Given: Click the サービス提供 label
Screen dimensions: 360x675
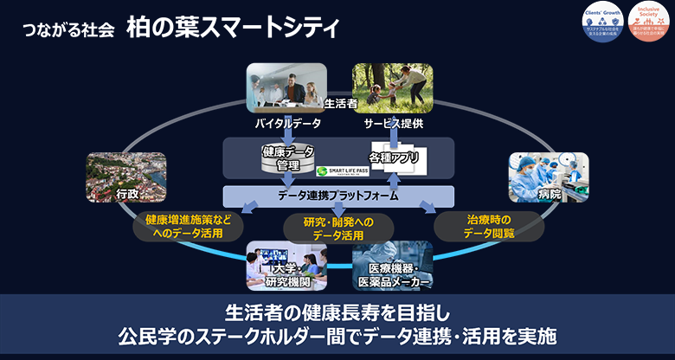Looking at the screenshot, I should pyautogui.click(x=394, y=124).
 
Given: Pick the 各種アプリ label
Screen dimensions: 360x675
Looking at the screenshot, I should pyautogui.click(x=394, y=158).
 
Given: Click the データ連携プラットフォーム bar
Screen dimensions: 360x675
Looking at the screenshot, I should pyautogui.click(x=338, y=196).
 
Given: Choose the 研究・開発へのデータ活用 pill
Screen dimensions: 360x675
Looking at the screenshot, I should pyautogui.click(x=338, y=228).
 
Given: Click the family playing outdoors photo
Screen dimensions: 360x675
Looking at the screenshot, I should pyautogui.click(x=392, y=87).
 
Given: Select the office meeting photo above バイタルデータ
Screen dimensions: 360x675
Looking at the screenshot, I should pyautogui.click(x=286, y=87).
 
